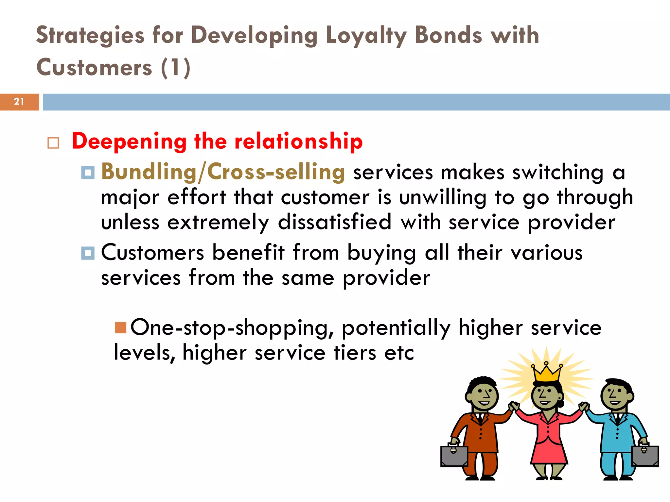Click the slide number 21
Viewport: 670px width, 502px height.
[x=19, y=102]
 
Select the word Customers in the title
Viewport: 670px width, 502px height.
[x=94, y=68]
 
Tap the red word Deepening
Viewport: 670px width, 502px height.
[x=129, y=142]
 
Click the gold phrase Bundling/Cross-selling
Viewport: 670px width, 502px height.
[x=223, y=172]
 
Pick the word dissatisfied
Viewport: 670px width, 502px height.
[x=334, y=222]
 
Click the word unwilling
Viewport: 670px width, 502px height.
[x=443, y=197]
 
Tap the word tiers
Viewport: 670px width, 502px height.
[x=355, y=353]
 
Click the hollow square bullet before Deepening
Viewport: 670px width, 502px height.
[x=53, y=143]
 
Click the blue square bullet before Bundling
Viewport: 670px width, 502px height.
[x=88, y=173]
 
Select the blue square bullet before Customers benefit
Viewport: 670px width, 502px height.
[x=88, y=253]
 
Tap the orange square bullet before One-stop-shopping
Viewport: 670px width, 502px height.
[x=120, y=327]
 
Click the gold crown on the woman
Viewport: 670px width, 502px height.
[x=546, y=374]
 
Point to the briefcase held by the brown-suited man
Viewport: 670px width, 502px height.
[x=454, y=456]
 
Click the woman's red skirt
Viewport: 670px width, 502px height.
[x=549, y=451]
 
